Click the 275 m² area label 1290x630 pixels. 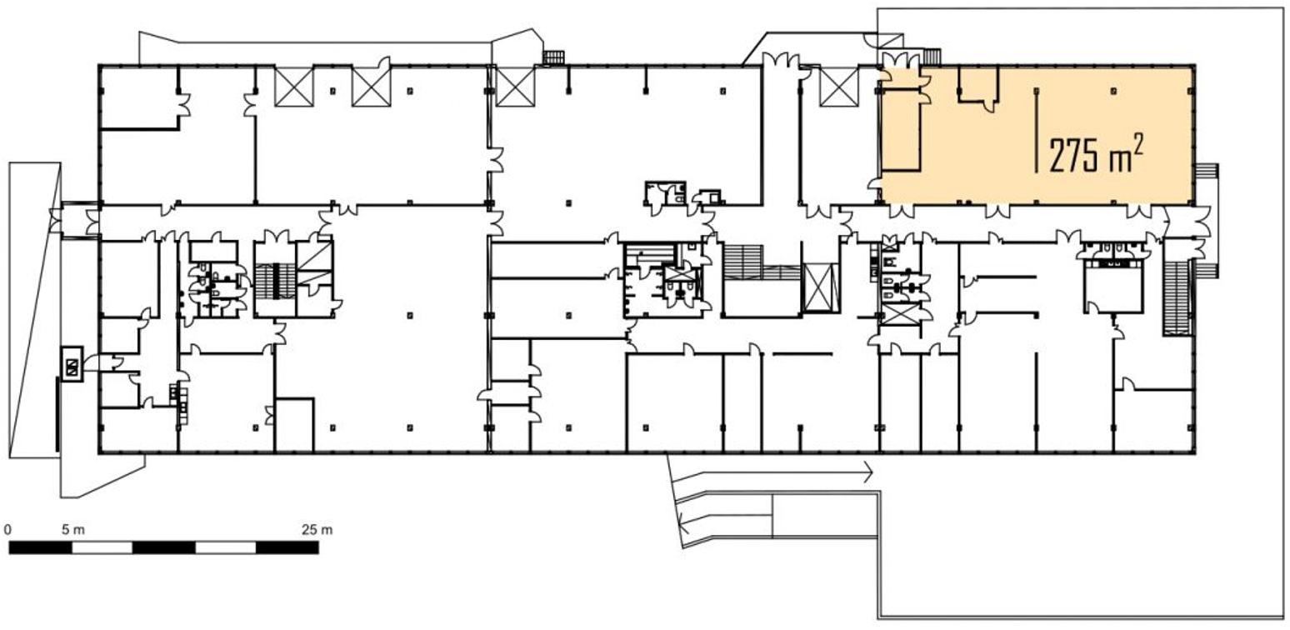coord(1096,155)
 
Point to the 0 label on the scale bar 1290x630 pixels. coord(7,529)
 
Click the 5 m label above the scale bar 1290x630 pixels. coord(73,529)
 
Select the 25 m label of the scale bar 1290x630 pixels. coord(317,529)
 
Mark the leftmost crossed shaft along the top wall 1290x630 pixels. coord(293,87)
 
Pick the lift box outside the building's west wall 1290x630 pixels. coord(72,363)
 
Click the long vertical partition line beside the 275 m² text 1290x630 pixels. coord(1037,130)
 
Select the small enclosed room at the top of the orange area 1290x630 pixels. coord(977,85)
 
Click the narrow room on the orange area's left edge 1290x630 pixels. coord(900,130)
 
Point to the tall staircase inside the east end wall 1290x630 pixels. coord(1177,297)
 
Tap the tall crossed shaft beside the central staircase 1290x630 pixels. coord(821,287)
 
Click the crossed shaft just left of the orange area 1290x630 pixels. coord(839,87)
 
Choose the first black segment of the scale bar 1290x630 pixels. coord(40,547)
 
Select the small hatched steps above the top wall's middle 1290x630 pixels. coord(554,57)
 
